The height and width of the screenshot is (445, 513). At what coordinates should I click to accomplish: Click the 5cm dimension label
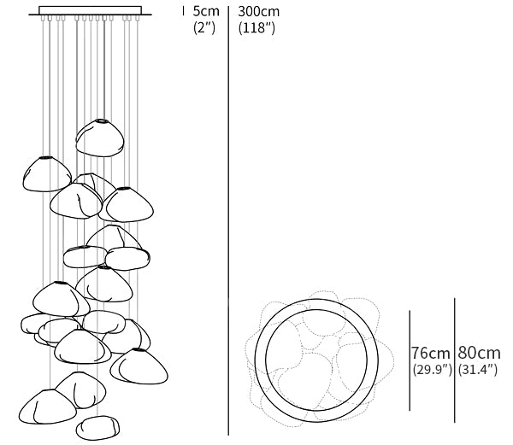[x=205, y=12]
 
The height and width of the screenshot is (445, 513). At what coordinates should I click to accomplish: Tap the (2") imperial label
[x=205, y=28]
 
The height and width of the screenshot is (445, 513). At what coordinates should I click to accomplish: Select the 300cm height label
[x=259, y=12]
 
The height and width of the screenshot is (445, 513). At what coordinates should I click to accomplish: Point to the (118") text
[x=259, y=28]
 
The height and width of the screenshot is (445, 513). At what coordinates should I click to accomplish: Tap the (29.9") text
[x=431, y=370]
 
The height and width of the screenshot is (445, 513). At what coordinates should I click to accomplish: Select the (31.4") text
[x=479, y=370]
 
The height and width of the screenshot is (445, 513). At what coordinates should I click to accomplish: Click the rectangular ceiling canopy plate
[x=91, y=11]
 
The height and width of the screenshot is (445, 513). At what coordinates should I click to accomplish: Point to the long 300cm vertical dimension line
[x=228, y=222]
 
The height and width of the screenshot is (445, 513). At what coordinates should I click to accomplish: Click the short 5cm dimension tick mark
[x=184, y=12]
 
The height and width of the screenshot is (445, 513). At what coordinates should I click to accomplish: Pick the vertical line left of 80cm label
[x=455, y=362]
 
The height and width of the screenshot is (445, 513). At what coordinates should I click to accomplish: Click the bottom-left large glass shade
[x=40, y=407]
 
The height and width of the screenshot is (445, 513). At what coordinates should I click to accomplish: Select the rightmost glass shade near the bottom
[x=139, y=366]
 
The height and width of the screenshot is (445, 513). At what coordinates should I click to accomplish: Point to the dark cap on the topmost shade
[x=102, y=120]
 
